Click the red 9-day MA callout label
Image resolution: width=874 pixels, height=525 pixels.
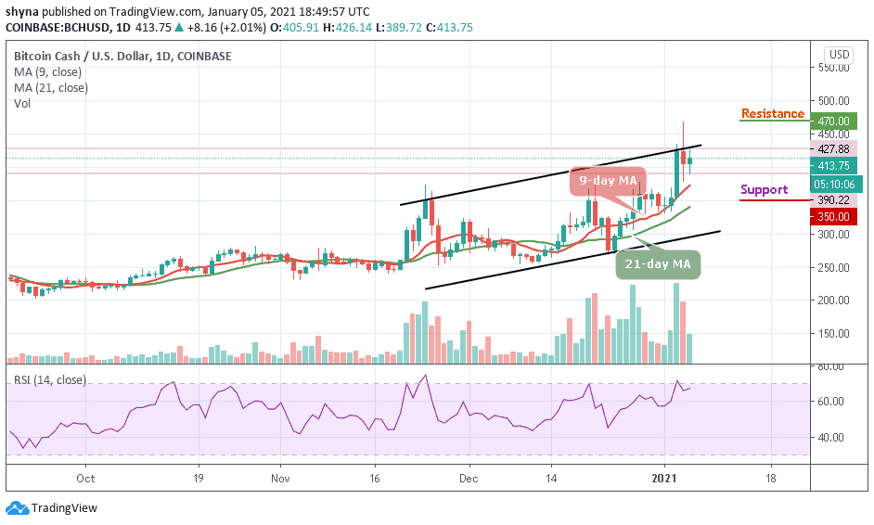(609, 179)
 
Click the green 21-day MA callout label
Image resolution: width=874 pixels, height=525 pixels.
(659, 263)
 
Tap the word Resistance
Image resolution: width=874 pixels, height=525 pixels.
(772, 114)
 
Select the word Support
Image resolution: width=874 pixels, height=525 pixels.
(764, 190)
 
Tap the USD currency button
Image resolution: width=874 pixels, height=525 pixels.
(839, 55)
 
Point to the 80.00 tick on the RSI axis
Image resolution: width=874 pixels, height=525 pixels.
(835, 367)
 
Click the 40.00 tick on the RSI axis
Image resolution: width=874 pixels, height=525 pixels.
(835, 437)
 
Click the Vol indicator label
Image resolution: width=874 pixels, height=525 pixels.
(21, 103)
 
